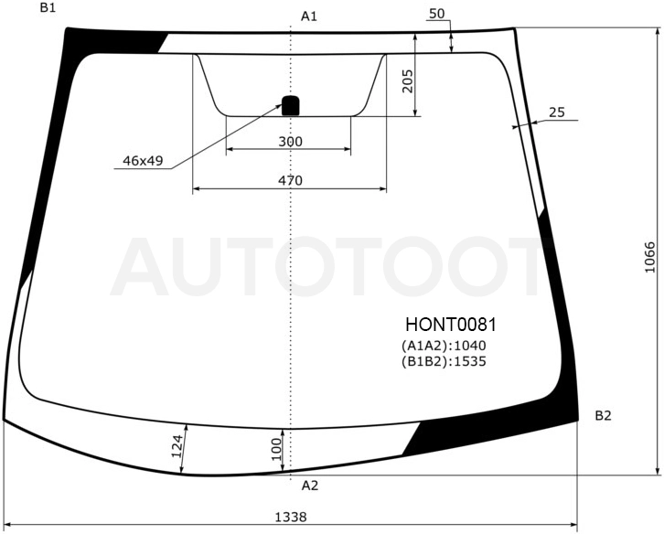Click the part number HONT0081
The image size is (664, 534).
tap(451, 325)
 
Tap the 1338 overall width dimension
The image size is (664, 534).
tap(291, 517)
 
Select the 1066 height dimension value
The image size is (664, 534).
tap(650, 258)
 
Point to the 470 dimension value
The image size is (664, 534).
tap(291, 181)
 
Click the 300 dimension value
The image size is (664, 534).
tap(291, 142)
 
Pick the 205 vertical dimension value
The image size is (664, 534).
tap(406, 80)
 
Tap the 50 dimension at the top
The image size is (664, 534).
tap(437, 14)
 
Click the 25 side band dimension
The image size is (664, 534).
tap(557, 112)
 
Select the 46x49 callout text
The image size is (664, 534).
tap(143, 161)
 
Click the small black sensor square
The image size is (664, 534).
tap(291, 105)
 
